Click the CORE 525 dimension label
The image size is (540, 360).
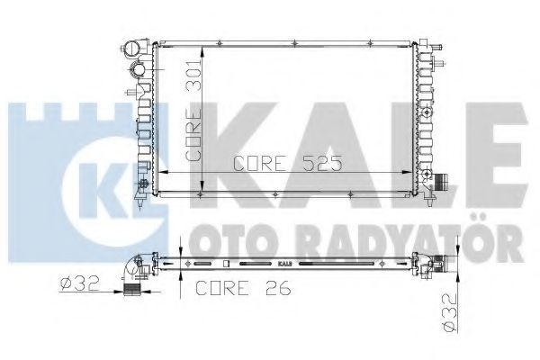pos(288,163)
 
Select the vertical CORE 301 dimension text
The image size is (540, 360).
pos(193,110)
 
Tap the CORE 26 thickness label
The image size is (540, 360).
pos(243,288)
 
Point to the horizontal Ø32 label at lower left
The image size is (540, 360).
pos(79,283)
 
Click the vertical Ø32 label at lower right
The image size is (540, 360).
pos(451,313)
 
